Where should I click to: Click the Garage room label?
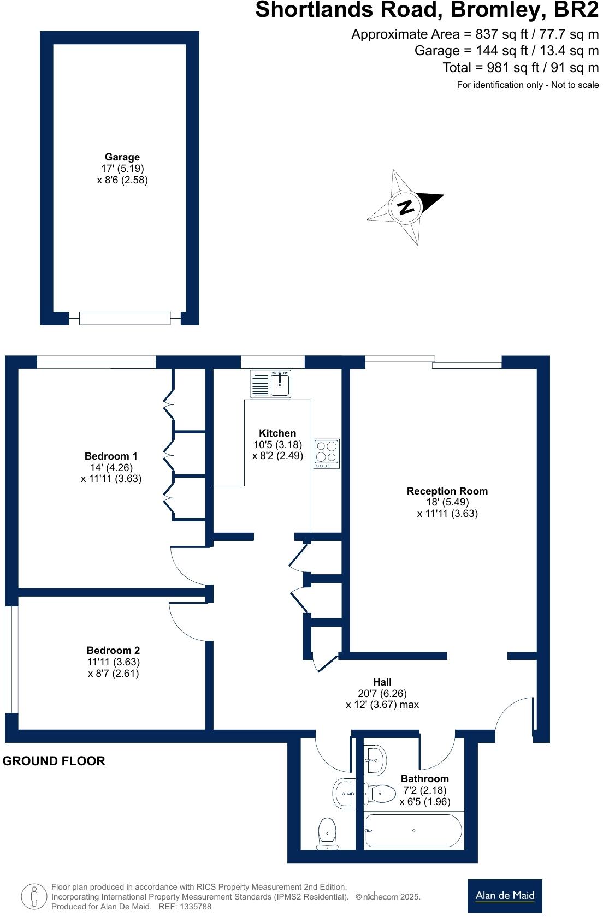pos(122,157)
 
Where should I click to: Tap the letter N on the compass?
pos(406,207)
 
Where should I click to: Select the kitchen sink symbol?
pos(271,384)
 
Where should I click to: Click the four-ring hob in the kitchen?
pos(327,454)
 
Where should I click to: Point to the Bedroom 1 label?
pos(111,456)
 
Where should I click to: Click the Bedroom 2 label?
pos(113,651)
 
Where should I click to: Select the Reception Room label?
pos(447,491)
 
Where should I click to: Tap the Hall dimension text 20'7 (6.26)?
pos(382,693)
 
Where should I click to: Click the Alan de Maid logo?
pos(505,896)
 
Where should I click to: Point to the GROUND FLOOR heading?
pos(54,761)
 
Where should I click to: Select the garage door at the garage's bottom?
pos(125,318)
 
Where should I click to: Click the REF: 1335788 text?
pos(185,907)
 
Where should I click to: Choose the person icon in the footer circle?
pos(34,896)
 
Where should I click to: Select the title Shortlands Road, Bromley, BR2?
pos(427,10)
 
